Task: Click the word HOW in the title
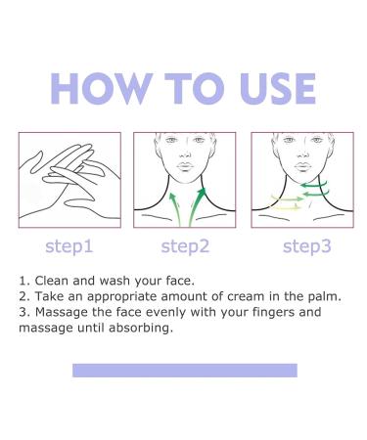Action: point(102,88)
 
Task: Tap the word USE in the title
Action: point(277,88)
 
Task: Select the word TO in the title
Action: point(195,88)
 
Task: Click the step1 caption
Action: point(69,246)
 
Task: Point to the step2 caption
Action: point(185,246)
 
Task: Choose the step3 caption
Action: point(307,246)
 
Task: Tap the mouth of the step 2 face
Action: point(185,166)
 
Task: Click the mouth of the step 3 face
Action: point(302,166)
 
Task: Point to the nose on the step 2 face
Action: point(185,153)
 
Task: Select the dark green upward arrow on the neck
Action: point(197,206)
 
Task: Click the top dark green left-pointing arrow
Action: point(313,185)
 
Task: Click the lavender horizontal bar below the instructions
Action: point(185,371)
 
